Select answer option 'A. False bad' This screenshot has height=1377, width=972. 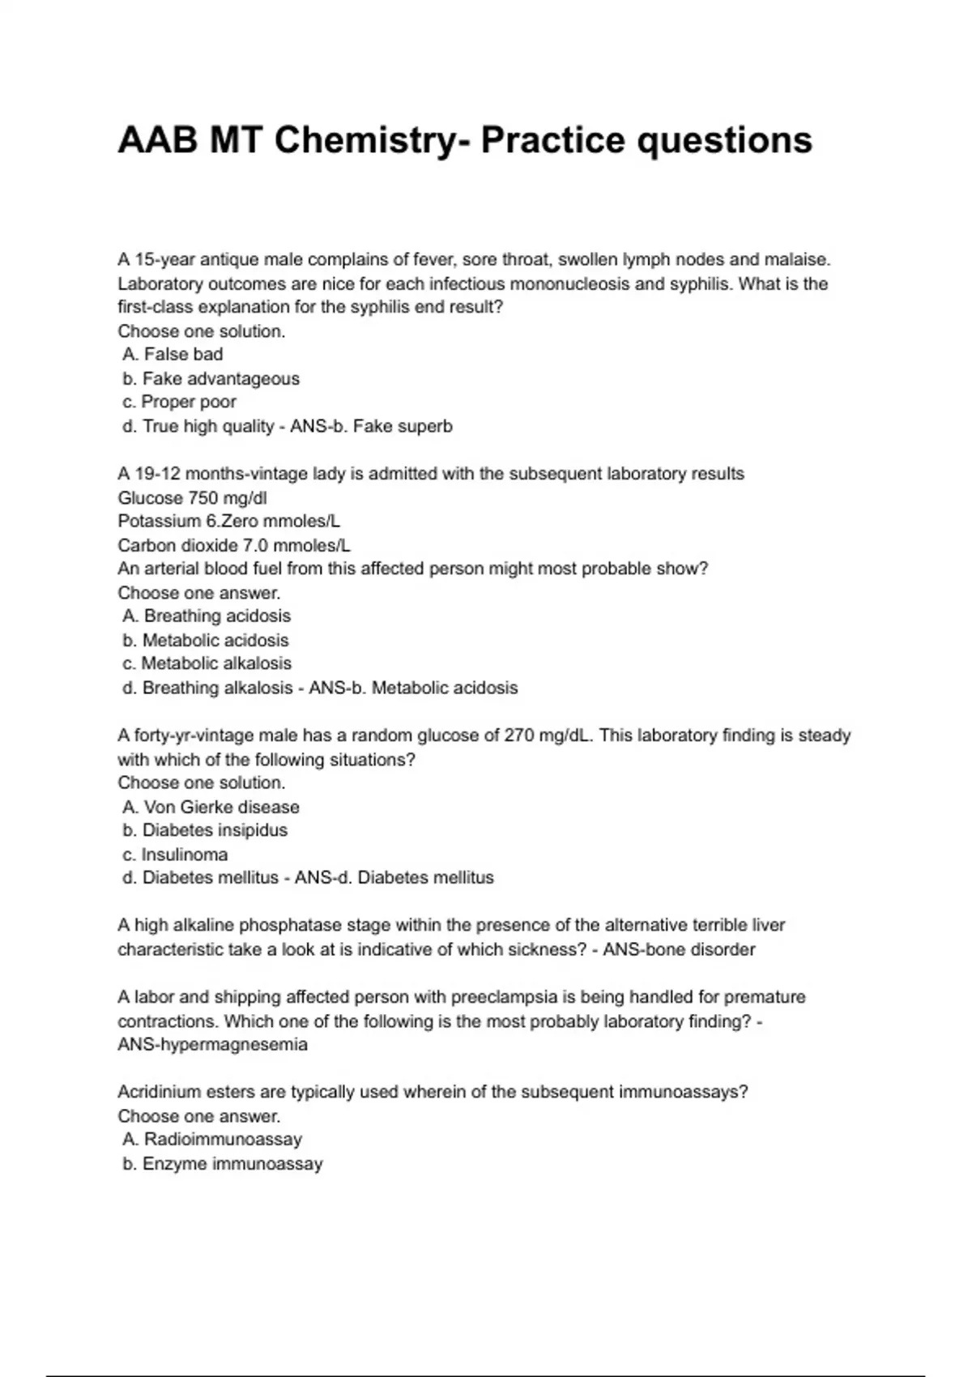(x=173, y=355)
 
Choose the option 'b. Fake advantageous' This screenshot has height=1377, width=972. (x=211, y=378)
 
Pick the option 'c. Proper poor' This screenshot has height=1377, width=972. (x=180, y=402)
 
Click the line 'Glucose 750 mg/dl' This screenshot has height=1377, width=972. (x=192, y=497)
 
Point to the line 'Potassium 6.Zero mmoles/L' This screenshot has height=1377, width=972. (x=228, y=521)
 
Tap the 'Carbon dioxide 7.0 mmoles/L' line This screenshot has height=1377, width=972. (x=234, y=545)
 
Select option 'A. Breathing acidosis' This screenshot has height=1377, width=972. (x=207, y=616)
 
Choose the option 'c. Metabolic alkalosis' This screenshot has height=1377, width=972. (x=207, y=663)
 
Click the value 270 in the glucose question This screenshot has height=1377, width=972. (x=519, y=735)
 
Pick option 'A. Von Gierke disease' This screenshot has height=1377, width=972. (x=211, y=807)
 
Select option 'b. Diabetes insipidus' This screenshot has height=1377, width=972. (x=205, y=830)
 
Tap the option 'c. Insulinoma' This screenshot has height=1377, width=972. (x=175, y=855)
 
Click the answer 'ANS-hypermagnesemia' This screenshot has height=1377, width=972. (x=212, y=1045)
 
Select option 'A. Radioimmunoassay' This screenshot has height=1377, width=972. (x=212, y=1140)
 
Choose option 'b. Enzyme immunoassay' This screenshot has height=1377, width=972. (x=223, y=1164)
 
